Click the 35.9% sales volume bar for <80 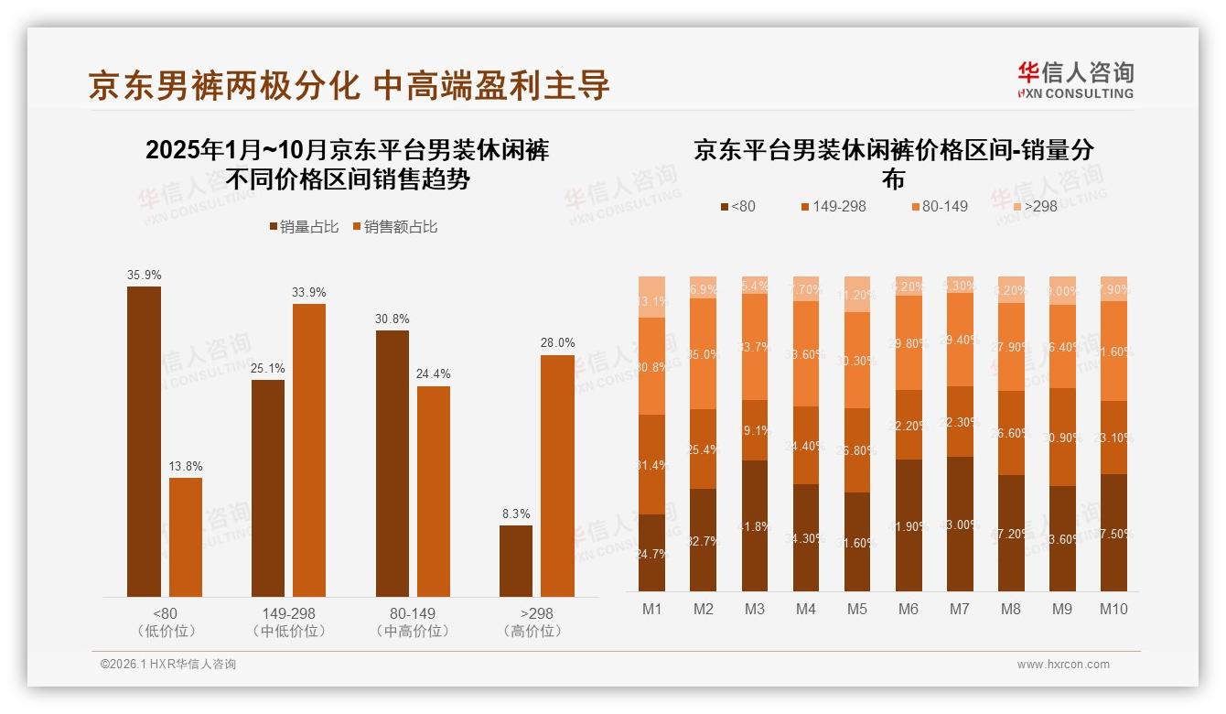(144, 441)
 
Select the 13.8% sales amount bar (186, 537)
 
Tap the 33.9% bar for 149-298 (309, 450)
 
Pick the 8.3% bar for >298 (516, 561)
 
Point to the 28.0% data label (557, 343)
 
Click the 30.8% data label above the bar (392, 319)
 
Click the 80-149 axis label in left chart (413, 613)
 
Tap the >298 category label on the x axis (536, 613)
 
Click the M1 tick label (651, 610)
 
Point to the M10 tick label (1113, 610)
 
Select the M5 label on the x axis (856, 610)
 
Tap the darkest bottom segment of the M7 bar (960, 524)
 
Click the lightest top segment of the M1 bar (651, 297)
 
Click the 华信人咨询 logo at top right (1076, 80)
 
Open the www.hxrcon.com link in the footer (1063, 665)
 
